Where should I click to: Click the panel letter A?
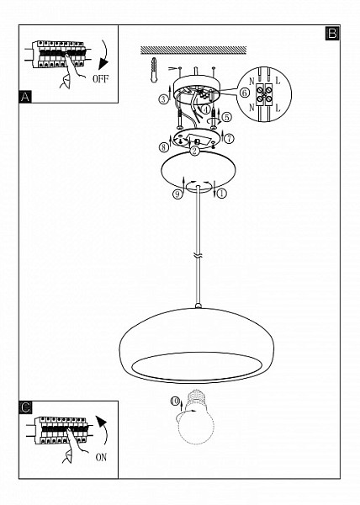point(25,97)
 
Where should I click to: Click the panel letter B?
point(332,33)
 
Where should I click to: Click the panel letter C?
point(25,407)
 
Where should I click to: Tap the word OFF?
point(100,78)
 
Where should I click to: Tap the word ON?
point(101,457)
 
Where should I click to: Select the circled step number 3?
point(163,98)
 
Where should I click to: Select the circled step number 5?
point(227,117)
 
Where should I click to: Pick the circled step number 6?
point(245,93)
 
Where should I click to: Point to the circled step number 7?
point(229,139)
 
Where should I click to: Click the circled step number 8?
point(163,147)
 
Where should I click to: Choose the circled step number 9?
point(177,194)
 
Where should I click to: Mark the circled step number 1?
point(222,194)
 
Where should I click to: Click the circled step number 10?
point(175,401)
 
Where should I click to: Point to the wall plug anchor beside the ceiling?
point(154,70)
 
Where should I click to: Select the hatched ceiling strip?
point(193,50)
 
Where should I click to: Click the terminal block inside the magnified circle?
point(264,94)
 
